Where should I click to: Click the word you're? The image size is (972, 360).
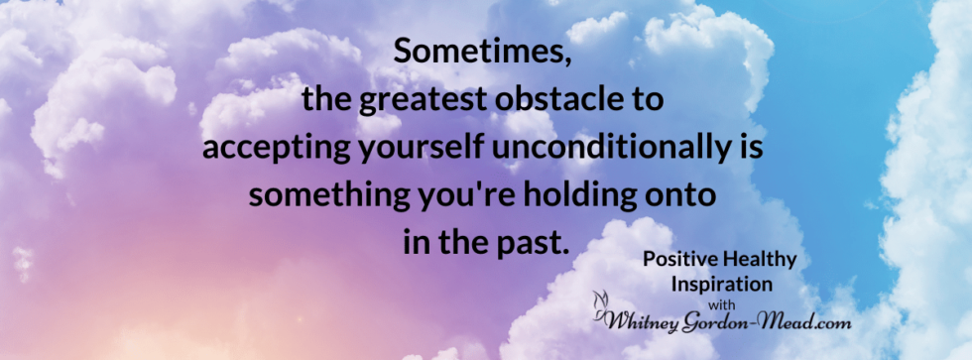click(x=444, y=194)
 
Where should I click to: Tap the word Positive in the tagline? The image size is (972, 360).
click(x=678, y=260)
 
